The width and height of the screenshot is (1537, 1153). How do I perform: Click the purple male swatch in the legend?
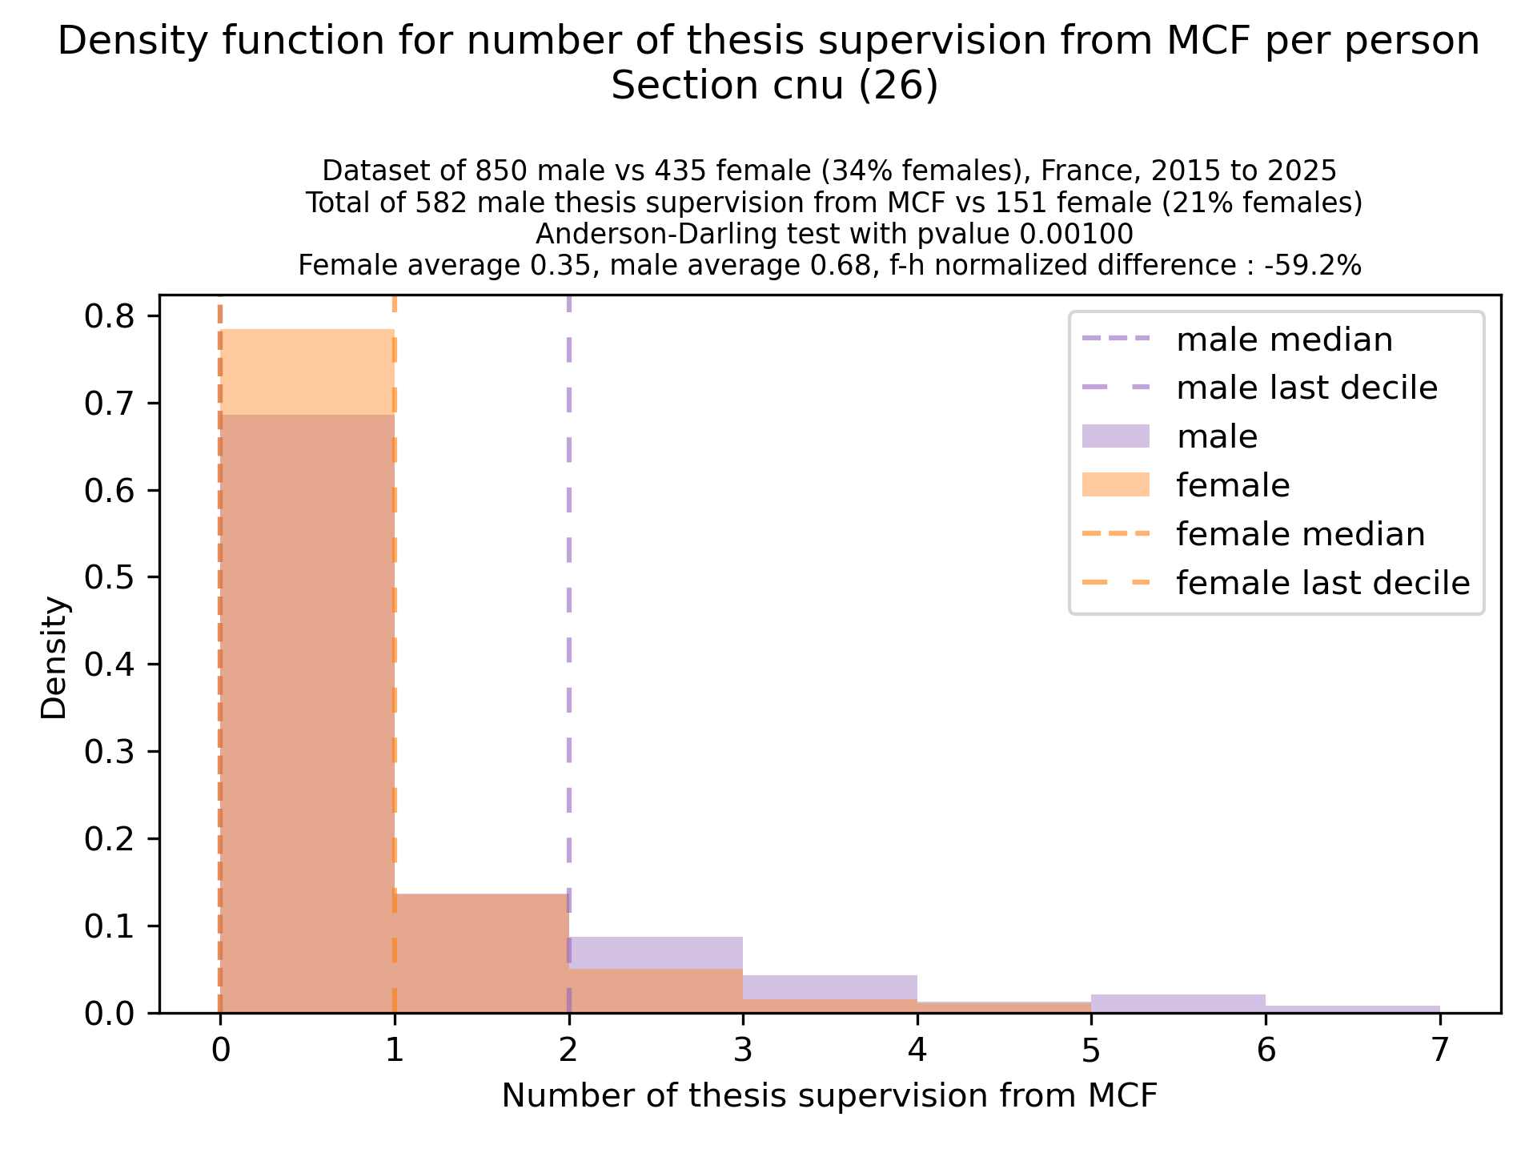coord(1115,436)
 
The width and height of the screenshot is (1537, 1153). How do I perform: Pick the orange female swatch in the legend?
coord(1115,485)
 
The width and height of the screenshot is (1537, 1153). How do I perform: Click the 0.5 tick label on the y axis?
coord(107,577)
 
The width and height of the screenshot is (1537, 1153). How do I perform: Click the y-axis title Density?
coord(54,657)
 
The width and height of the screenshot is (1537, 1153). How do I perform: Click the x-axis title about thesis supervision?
coord(829,1096)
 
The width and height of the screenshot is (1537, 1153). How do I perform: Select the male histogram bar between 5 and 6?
coord(1178,1004)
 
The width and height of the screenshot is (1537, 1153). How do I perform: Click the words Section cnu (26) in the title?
coord(774,86)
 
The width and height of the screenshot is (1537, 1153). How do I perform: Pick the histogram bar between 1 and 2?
coord(481,953)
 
